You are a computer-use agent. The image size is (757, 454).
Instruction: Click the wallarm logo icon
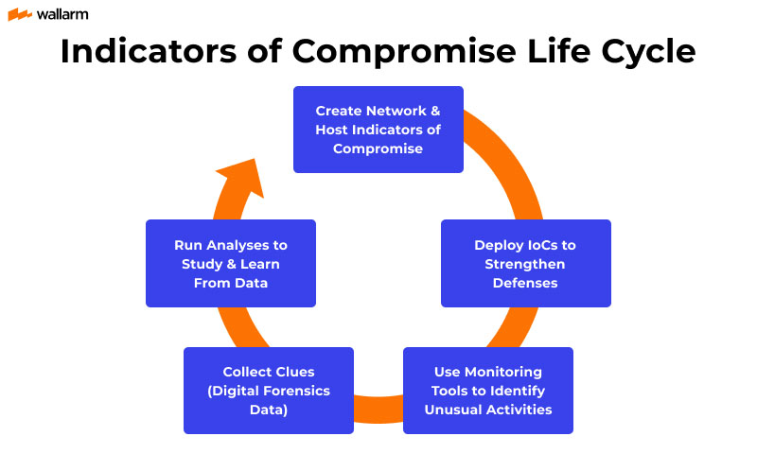tap(20, 14)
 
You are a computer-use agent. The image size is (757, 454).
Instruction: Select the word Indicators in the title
tap(144, 52)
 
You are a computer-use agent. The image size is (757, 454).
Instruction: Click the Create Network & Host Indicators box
tap(378, 130)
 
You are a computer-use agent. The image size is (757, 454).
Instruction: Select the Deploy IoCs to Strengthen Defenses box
tap(525, 263)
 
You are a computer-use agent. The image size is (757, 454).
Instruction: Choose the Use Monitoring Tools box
tap(487, 391)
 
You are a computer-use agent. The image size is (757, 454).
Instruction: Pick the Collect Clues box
tap(268, 391)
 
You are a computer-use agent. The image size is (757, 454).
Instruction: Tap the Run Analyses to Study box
tap(230, 263)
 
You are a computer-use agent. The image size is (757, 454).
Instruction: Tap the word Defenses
tap(525, 282)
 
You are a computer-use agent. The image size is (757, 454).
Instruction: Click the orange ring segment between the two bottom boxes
tap(378, 410)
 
